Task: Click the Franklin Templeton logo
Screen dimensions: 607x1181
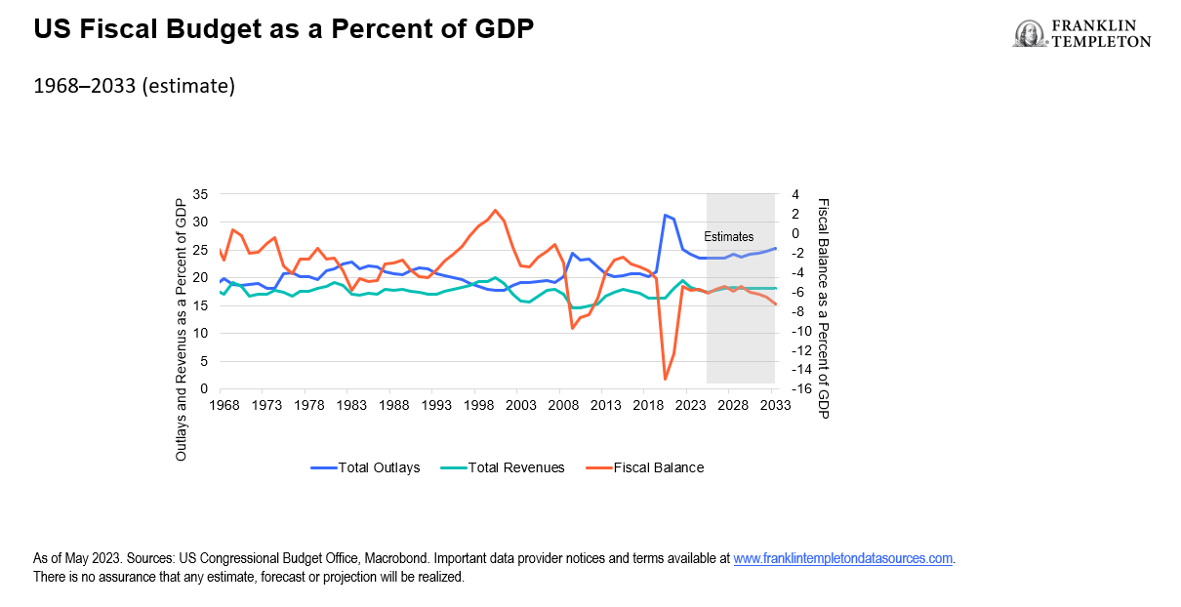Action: tap(1081, 33)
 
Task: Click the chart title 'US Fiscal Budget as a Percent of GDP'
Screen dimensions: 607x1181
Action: tap(284, 29)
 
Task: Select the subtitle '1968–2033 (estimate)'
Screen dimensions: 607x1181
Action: tap(134, 86)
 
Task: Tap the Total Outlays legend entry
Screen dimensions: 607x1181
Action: tap(366, 467)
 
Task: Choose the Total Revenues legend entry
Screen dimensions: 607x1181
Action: tap(504, 467)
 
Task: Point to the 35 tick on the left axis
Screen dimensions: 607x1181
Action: tap(202, 194)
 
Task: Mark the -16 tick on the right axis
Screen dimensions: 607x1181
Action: tap(800, 388)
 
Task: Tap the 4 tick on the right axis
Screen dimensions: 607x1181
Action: tap(794, 194)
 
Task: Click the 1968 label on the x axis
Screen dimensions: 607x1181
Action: tap(224, 405)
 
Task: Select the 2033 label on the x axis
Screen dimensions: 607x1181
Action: tap(775, 405)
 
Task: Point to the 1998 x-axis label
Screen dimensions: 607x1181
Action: tap(477, 405)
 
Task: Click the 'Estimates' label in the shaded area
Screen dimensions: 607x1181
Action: tap(729, 236)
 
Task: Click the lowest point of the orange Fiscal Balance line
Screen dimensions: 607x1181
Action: tap(665, 379)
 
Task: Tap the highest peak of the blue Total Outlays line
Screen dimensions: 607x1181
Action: tap(665, 216)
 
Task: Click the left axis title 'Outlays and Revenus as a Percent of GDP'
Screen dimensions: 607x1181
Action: tap(181, 328)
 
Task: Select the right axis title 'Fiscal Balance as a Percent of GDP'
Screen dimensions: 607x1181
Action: tap(823, 308)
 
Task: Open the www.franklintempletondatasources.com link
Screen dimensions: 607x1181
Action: tap(843, 559)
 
